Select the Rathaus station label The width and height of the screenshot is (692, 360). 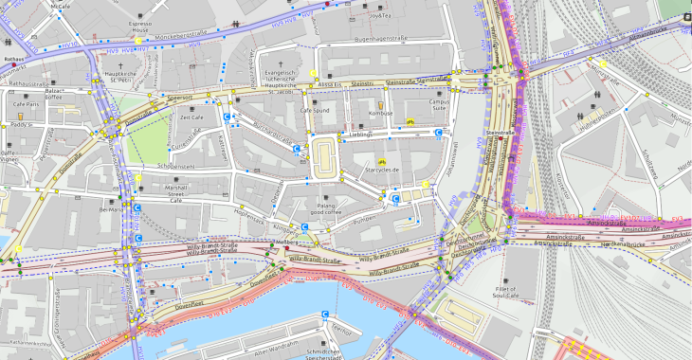[x=12, y=59]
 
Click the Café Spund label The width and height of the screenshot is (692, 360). [x=314, y=112]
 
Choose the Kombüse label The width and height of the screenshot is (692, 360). [x=380, y=113]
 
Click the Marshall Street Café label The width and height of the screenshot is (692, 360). [x=176, y=193]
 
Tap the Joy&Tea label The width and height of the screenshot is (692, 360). [x=380, y=16]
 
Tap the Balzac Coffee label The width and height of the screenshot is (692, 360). [x=53, y=93]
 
